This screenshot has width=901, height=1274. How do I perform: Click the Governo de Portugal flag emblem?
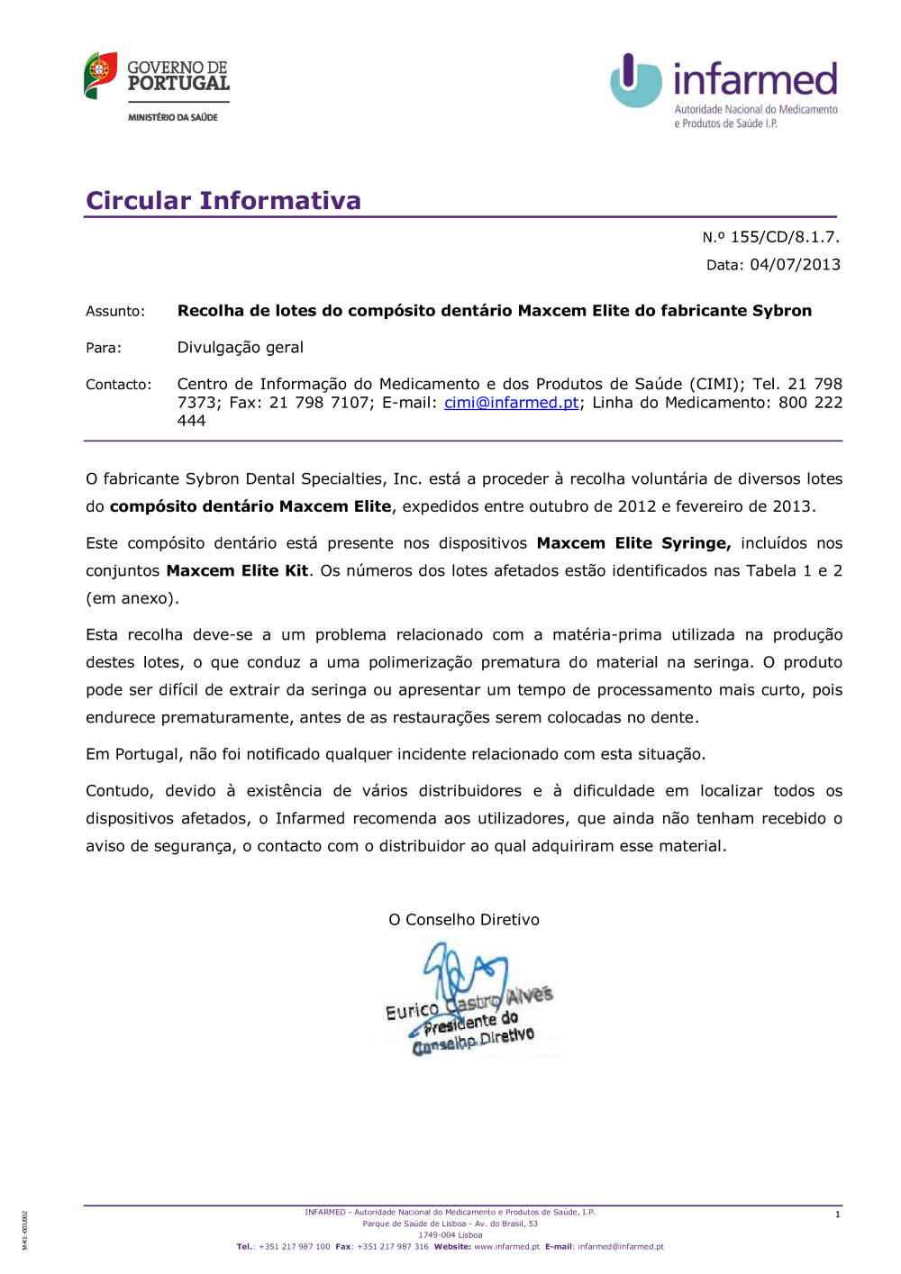click(100, 76)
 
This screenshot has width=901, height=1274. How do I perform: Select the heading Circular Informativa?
click(223, 200)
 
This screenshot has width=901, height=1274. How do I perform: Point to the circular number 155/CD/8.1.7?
click(785, 237)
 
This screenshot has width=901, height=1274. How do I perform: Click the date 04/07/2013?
click(795, 265)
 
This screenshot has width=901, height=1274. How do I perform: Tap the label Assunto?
click(115, 312)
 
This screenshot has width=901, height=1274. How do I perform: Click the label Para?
click(104, 348)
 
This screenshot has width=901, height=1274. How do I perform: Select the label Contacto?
click(119, 385)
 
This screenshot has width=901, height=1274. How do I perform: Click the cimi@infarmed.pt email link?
click(511, 403)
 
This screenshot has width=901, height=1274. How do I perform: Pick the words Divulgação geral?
click(240, 348)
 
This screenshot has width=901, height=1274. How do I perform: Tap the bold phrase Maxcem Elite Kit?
click(237, 571)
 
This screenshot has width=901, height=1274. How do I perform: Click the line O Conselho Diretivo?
click(464, 920)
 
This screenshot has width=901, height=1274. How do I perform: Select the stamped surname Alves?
click(529, 996)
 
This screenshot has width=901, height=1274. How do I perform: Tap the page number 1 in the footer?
click(837, 1215)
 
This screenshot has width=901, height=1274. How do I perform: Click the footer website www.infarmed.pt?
click(506, 1247)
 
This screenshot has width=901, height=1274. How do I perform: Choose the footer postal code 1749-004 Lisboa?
click(450, 1235)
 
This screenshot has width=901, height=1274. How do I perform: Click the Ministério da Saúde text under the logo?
click(173, 117)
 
